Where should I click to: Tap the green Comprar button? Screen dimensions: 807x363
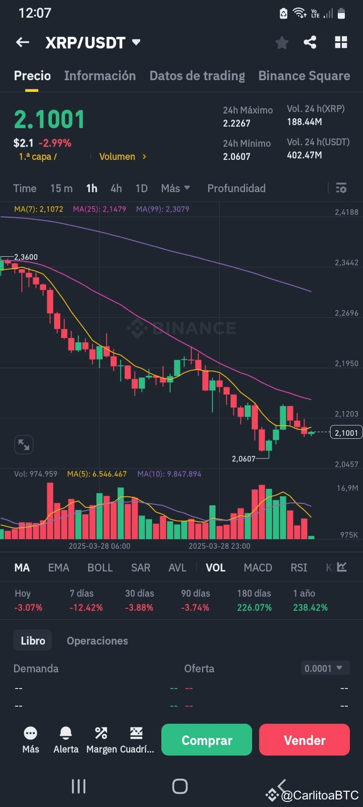point(206,740)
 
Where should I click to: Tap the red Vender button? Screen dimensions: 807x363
point(304,740)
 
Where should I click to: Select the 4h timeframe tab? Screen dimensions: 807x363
point(116,188)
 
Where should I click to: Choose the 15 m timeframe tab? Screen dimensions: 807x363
point(61,188)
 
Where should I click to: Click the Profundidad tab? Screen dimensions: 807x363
point(236,188)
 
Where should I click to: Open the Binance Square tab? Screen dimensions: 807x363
point(304,76)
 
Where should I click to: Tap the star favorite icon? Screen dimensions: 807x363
point(282,43)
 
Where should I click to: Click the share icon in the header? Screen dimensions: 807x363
point(310,42)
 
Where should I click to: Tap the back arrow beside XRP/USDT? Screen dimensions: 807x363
point(23,42)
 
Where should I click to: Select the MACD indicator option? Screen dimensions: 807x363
point(258,567)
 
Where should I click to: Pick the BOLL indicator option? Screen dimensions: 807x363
point(100,567)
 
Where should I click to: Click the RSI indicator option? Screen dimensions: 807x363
point(298,567)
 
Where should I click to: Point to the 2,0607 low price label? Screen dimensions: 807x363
point(244,458)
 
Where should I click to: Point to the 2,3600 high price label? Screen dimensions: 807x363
point(26,257)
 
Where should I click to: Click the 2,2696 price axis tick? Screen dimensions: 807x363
point(346,313)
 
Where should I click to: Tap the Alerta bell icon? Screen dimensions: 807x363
point(66,733)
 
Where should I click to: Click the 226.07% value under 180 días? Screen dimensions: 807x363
point(254,607)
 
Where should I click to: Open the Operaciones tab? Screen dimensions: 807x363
point(97,641)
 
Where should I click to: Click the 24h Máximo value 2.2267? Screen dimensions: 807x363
point(236,123)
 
